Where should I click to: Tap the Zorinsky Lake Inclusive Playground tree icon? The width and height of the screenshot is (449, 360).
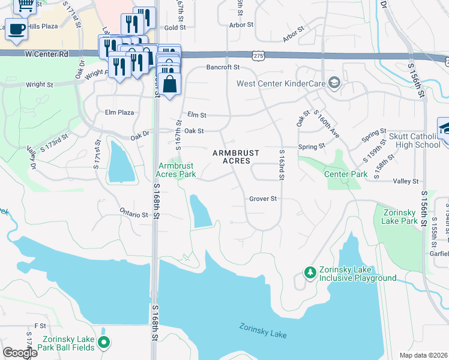point(310,273)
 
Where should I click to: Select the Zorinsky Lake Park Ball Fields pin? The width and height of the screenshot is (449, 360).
point(104,343)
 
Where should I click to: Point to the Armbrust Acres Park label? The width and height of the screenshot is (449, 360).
point(176,170)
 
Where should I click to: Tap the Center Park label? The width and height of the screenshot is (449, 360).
point(345,174)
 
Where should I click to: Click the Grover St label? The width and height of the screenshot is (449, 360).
point(263,199)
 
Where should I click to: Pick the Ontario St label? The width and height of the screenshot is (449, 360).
point(134,214)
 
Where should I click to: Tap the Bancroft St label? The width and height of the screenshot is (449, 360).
point(223,68)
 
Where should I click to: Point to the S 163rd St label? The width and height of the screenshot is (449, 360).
point(281,164)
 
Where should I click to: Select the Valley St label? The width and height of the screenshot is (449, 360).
point(405,181)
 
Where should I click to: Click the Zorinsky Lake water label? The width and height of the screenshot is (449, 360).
point(262,330)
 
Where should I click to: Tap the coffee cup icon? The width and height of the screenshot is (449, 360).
point(17,29)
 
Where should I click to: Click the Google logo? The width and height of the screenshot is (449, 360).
point(20,353)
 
